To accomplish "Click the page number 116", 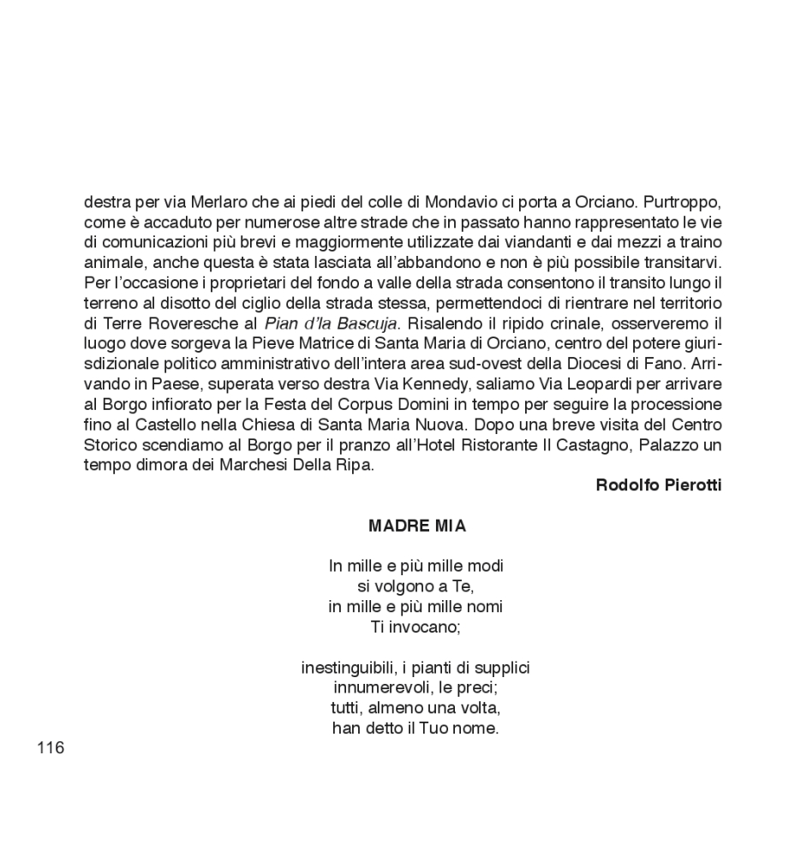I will (x=51, y=748).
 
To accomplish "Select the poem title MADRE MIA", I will (x=417, y=526).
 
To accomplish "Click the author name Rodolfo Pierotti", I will (x=659, y=485).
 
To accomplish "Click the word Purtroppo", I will (x=683, y=204).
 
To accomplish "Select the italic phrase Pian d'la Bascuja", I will (x=331, y=324).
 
